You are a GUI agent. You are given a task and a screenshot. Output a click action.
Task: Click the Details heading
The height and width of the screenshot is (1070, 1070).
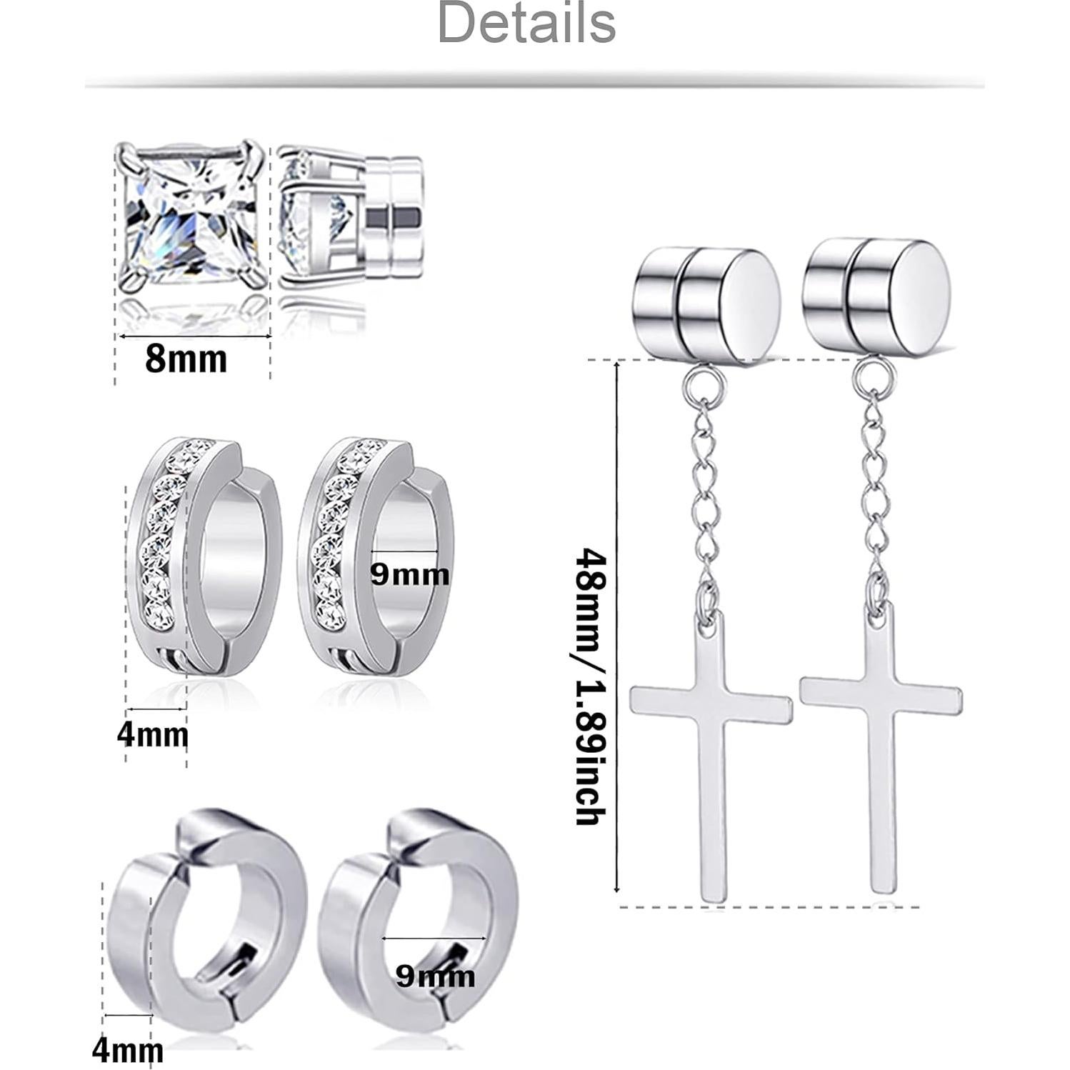coord(526,24)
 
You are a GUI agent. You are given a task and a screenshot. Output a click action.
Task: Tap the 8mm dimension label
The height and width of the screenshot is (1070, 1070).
coord(186,359)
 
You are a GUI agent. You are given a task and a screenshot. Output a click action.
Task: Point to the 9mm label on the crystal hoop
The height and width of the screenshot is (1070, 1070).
coord(410,574)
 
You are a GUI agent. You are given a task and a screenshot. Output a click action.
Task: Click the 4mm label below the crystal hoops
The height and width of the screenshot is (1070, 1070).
coord(153,735)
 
